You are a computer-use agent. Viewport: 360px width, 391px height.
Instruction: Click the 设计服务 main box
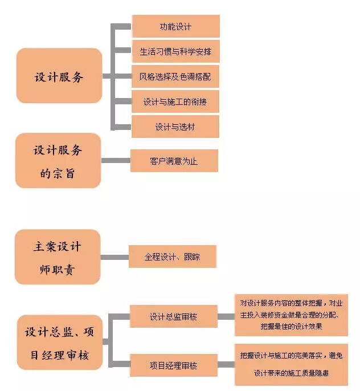59,76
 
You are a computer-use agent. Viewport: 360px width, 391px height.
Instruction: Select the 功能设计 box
175,27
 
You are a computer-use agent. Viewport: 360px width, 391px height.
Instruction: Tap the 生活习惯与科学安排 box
175,52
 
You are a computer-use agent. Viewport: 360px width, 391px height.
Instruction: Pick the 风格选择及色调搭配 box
175,76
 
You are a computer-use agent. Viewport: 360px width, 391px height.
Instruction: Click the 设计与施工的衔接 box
175,101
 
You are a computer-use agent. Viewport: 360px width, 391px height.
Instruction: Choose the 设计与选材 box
175,127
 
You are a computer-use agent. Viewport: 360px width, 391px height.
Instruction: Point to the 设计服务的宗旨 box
58,161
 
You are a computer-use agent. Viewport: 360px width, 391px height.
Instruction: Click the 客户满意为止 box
174,161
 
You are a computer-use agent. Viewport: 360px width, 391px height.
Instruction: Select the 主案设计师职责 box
58,257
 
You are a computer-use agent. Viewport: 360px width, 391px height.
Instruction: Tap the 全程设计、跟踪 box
172,257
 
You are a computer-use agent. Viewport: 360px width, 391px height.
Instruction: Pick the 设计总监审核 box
174,316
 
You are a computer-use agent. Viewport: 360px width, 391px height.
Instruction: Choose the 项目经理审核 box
174,365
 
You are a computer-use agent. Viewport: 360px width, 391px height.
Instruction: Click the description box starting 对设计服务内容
291,315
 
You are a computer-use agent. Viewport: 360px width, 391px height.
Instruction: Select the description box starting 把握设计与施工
291,365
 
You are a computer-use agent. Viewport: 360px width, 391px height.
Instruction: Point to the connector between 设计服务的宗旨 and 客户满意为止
116,161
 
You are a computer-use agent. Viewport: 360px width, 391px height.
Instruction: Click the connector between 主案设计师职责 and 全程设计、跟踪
114,257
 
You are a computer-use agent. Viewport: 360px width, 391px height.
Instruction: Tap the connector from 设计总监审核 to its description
226,316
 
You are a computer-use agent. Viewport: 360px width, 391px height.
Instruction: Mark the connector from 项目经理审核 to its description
226,365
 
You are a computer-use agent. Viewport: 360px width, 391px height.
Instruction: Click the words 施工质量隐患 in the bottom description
308,374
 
